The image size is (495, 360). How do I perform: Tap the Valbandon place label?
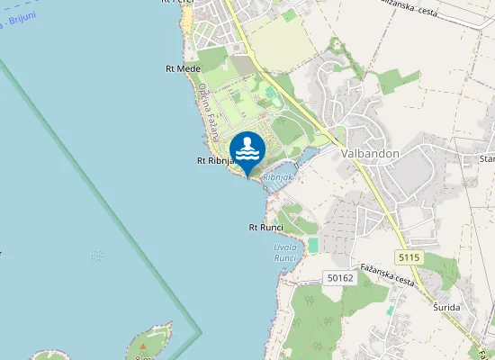point(370,153)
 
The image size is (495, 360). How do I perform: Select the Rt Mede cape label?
point(184,68)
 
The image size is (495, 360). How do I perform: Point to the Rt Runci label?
point(266,228)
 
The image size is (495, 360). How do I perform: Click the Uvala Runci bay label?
point(285,252)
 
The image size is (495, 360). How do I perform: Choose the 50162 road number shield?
point(339,279)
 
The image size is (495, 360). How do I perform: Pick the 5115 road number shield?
point(409,258)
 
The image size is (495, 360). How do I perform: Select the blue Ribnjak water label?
point(279,179)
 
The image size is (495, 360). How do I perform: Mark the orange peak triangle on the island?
point(142,345)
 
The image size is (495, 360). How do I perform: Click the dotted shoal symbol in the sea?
point(96,256)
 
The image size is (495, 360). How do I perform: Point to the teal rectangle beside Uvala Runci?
point(313,245)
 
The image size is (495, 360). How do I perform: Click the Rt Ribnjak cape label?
point(215,161)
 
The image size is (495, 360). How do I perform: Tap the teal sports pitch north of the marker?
point(269,92)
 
